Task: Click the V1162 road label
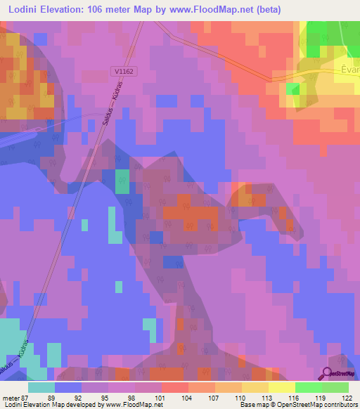pyautogui.click(x=122, y=71)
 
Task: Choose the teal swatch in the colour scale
pyautogui.click(x=41, y=387)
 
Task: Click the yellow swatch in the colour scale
pyautogui.click(x=282, y=387)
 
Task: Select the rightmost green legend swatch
pyautogui.click(x=335, y=387)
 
